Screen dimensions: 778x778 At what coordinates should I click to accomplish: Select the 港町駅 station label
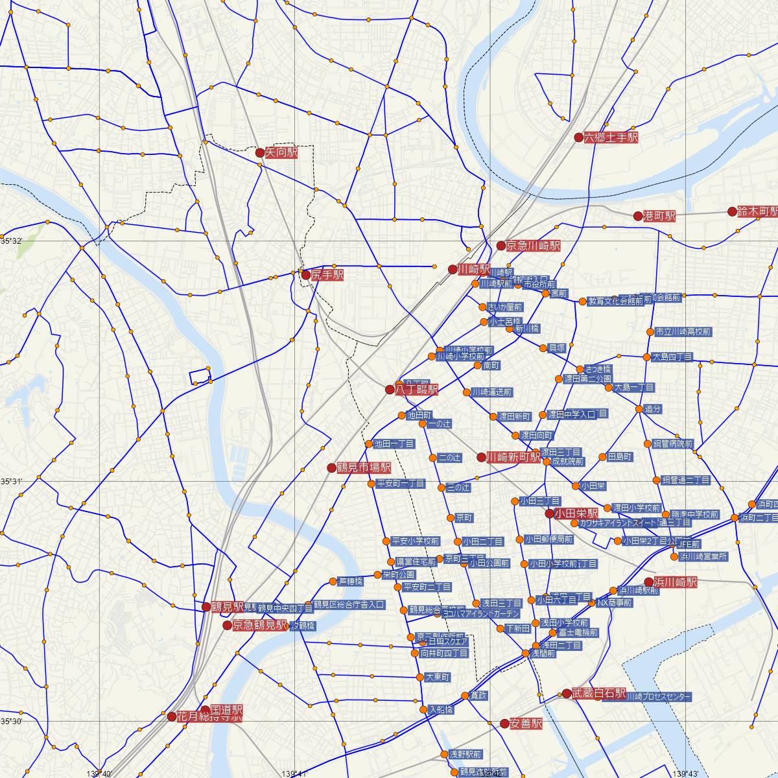[x=659, y=216]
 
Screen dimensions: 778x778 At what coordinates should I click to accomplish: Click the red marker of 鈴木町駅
[x=732, y=211]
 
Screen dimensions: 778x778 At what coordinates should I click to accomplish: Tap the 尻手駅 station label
[x=327, y=275]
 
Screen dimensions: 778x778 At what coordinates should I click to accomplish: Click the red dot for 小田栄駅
[x=549, y=513]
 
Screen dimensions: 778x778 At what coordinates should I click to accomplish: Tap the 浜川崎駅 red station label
[x=675, y=582]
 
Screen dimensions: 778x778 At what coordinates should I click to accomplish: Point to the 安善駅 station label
[x=526, y=724]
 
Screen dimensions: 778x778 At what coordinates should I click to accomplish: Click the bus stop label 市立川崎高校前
[x=683, y=332]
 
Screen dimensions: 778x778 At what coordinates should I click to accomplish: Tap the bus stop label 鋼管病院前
[x=672, y=444]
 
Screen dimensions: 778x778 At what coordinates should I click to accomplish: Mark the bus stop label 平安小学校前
[x=416, y=541]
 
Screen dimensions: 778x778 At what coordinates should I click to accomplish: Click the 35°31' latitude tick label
[x=11, y=481]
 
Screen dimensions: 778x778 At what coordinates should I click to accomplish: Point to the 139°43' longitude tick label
[x=689, y=773]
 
